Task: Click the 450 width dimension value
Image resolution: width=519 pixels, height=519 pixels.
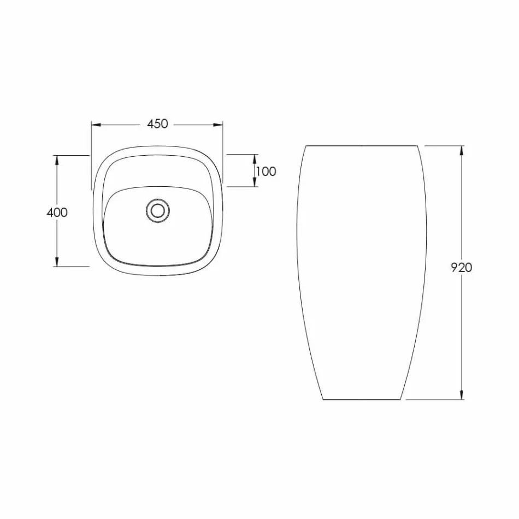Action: (x=157, y=124)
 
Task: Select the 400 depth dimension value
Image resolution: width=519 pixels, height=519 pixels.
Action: (x=57, y=213)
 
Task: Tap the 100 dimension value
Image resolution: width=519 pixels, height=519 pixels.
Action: (x=266, y=172)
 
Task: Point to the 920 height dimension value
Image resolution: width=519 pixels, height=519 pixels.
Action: (x=461, y=268)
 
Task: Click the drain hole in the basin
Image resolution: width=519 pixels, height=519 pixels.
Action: (x=158, y=210)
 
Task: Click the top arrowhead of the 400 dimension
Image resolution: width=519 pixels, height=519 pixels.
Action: (x=56, y=160)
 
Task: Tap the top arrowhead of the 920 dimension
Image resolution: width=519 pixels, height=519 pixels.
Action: (x=462, y=150)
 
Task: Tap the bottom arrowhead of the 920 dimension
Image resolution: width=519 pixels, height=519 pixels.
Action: (x=462, y=396)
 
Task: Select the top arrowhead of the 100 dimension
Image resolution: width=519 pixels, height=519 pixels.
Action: (x=256, y=158)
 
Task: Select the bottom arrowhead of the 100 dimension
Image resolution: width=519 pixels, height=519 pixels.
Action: (x=256, y=184)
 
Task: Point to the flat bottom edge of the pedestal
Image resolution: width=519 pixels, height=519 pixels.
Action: (x=363, y=400)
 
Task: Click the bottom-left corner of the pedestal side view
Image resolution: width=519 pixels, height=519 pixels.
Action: (x=323, y=400)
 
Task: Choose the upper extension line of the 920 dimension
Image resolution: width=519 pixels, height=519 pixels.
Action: (x=444, y=146)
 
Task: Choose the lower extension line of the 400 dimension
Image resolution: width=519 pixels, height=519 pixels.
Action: (x=71, y=267)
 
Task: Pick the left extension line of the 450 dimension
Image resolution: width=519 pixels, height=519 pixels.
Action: (x=91, y=158)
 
